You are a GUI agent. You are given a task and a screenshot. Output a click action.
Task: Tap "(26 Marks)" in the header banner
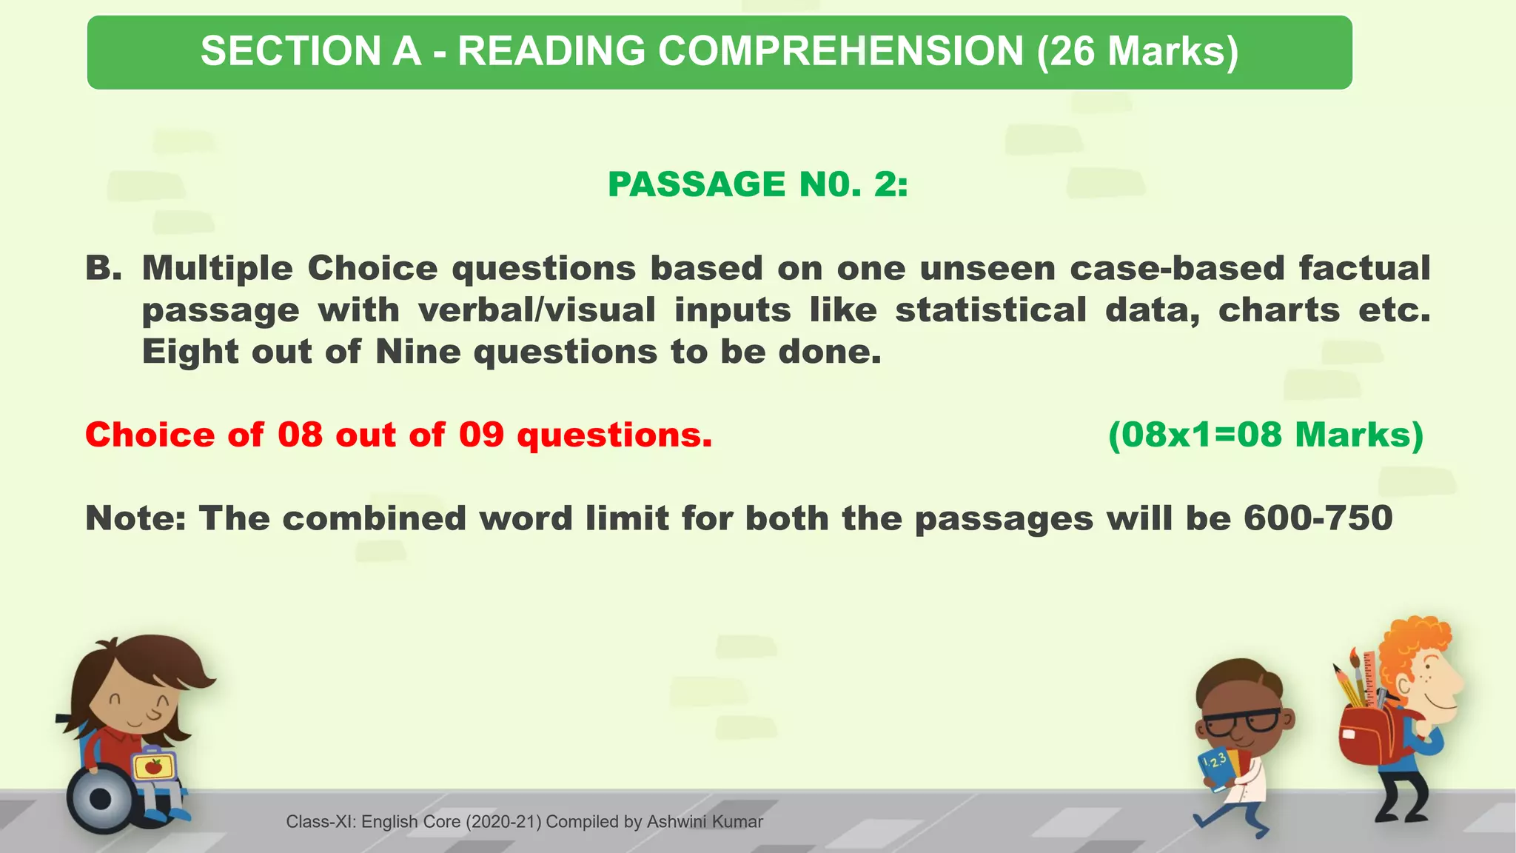[1138, 52]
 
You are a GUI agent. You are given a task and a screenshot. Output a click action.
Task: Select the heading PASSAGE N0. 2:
[757, 184]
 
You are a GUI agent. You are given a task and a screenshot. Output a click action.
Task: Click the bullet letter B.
[103, 268]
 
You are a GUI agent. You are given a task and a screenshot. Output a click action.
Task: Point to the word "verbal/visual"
[537, 310]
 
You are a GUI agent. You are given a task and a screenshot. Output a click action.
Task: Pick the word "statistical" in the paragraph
[991, 310]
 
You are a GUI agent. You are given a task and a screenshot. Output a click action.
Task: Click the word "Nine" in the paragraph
[418, 352]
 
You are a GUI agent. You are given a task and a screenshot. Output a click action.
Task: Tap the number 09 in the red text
[481, 435]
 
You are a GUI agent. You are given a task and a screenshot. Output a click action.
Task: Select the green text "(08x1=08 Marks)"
[1266, 435]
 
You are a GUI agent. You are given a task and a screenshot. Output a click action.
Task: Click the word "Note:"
[135, 518]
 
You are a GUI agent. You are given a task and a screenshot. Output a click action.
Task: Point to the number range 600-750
[1318, 518]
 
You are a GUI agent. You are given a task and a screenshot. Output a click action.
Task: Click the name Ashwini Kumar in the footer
[704, 822]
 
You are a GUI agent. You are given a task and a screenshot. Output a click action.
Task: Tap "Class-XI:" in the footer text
[321, 822]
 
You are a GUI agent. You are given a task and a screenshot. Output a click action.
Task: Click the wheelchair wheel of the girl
[99, 799]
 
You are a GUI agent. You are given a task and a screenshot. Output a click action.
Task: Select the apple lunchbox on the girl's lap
[153, 766]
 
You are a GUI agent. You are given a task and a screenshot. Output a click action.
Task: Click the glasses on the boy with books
[1242, 722]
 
